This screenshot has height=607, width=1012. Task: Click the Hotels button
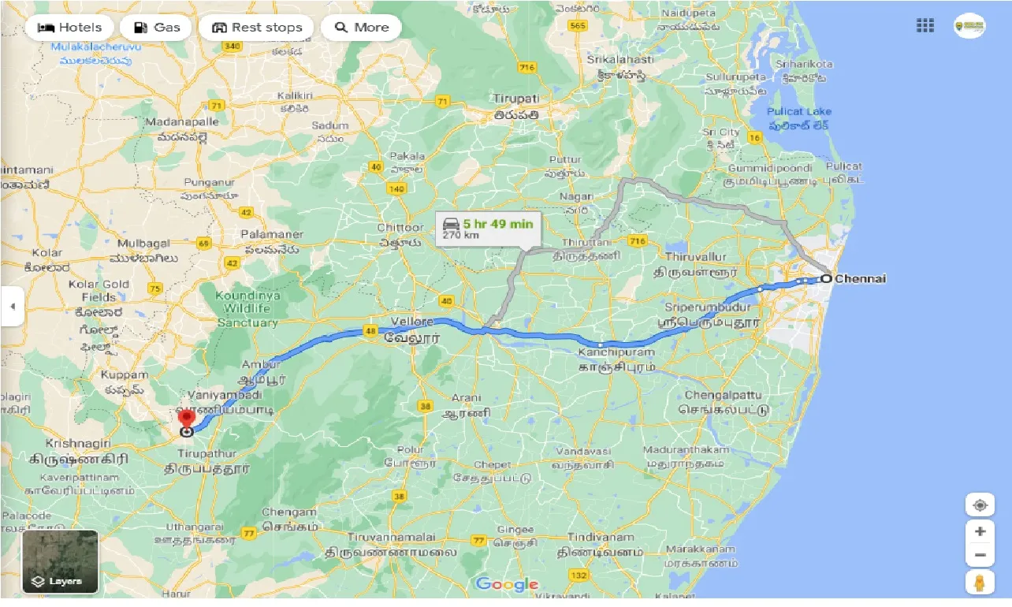69,28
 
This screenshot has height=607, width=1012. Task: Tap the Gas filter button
158,28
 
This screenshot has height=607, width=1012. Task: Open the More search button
361,28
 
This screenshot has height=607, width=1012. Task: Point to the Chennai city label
860,278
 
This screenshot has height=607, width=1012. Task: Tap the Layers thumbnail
61,561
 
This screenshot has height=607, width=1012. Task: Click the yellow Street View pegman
980,583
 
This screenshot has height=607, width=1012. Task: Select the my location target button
980,505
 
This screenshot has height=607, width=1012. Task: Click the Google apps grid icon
925,26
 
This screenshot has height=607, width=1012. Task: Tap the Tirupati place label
516,99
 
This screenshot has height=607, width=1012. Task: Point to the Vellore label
411,322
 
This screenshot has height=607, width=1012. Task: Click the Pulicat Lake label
800,112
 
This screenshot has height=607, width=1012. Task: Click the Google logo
507,584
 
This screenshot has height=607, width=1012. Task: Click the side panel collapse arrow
12,306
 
